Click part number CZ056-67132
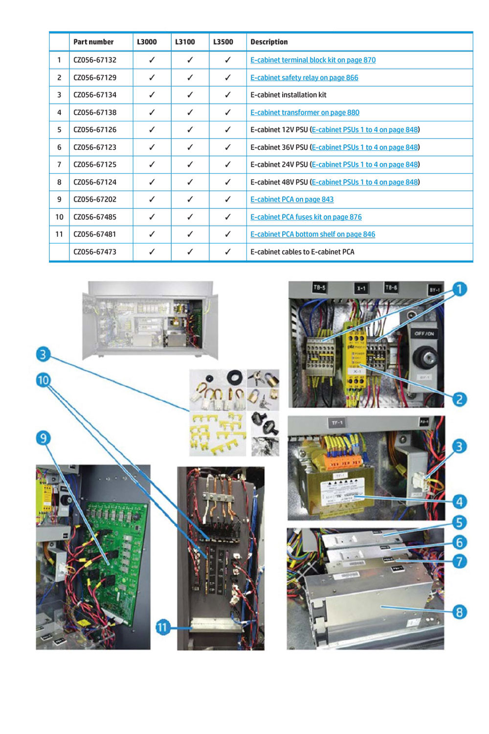point(95,60)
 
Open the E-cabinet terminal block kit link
point(313,60)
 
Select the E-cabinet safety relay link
point(304,78)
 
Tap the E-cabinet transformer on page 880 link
point(305,113)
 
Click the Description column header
point(269,42)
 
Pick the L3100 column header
point(185,42)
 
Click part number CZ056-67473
point(95,252)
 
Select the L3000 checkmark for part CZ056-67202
point(152,200)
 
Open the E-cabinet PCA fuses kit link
point(306,217)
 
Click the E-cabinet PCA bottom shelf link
point(312,234)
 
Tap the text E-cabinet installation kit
point(288,95)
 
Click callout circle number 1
point(459,289)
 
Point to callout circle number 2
point(459,399)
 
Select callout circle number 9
point(43,438)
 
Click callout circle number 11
point(162,627)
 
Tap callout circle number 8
point(459,612)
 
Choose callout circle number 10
point(43,380)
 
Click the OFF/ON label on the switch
point(424,334)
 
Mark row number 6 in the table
point(59,147)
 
